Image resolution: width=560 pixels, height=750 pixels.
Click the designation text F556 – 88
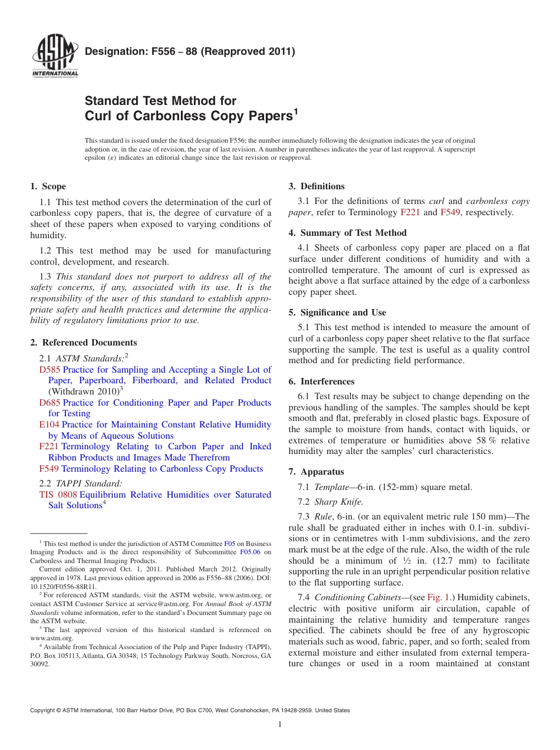pyautogui.click(x=190, y=51)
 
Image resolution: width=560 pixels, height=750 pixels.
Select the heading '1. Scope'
pyautogui.click(x=48, y=186)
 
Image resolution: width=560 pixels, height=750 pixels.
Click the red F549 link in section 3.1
pyautogui.click(x=450, y=212)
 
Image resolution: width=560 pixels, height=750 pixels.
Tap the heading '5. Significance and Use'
pyautogui.click(x=337, y=312)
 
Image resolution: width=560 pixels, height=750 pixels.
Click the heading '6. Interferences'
pyautogui.click(x=321, y=381)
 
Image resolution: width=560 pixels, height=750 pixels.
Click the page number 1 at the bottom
pyautogui.click(x=280, y=725)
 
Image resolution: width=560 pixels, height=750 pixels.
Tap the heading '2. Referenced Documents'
pyautogui.click(x=84, y=343)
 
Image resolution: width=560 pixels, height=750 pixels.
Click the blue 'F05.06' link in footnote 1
pyautogui.click(x=250, y=552)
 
